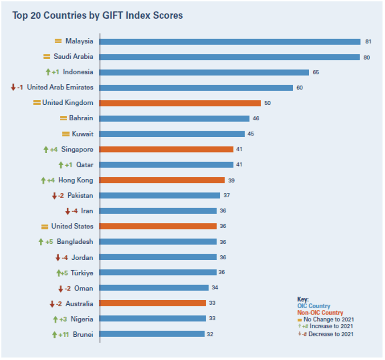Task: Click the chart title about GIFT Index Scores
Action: (97, 16)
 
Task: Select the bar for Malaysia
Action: (229, 41)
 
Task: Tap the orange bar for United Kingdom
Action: (180, 103)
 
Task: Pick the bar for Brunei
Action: (152, 334)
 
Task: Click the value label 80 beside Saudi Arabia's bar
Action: (367, 57)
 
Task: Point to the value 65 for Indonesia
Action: (316, 72)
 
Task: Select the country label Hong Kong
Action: (76, 180)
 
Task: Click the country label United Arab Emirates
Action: (60, 87)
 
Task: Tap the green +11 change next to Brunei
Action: (63, 334)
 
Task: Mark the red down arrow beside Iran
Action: (68, 211)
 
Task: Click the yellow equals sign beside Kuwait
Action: (66, 134)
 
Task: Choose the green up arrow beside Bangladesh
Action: (41, 242)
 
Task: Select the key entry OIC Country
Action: (314, 306)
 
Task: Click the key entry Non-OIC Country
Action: (320, 313)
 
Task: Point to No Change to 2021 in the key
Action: (329, 319)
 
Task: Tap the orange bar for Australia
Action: (152, 303)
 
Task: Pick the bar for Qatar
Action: (166, 165)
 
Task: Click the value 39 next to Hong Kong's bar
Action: (231, 180)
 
